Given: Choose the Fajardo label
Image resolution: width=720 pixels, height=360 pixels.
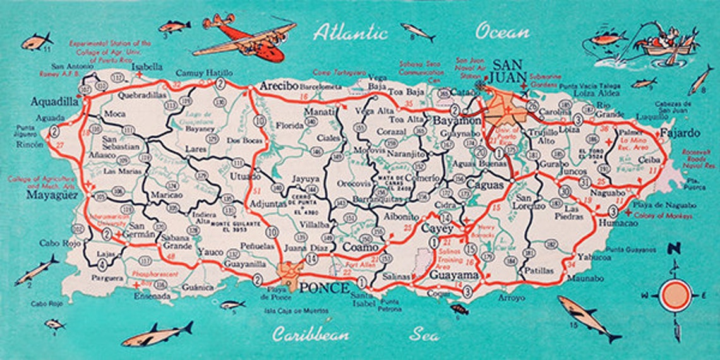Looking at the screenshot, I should (680, 133).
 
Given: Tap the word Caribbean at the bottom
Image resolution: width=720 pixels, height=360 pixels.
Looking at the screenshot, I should (310, 334).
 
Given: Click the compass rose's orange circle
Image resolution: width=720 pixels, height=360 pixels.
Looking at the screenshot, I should (675, 294).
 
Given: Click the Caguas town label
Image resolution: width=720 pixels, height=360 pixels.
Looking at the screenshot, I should (485, 185).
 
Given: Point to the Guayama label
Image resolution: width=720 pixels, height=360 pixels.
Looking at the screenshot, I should (453, 275).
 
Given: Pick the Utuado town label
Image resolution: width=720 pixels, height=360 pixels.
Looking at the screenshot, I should (244, 176).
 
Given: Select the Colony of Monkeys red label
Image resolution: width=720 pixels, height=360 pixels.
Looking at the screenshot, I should (662, 215).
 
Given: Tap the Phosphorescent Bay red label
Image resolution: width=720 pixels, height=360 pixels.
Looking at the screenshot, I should (153, 275).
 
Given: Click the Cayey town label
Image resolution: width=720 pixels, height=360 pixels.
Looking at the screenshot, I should (437, 229).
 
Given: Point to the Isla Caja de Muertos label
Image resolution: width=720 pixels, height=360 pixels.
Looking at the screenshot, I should (296, 311).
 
